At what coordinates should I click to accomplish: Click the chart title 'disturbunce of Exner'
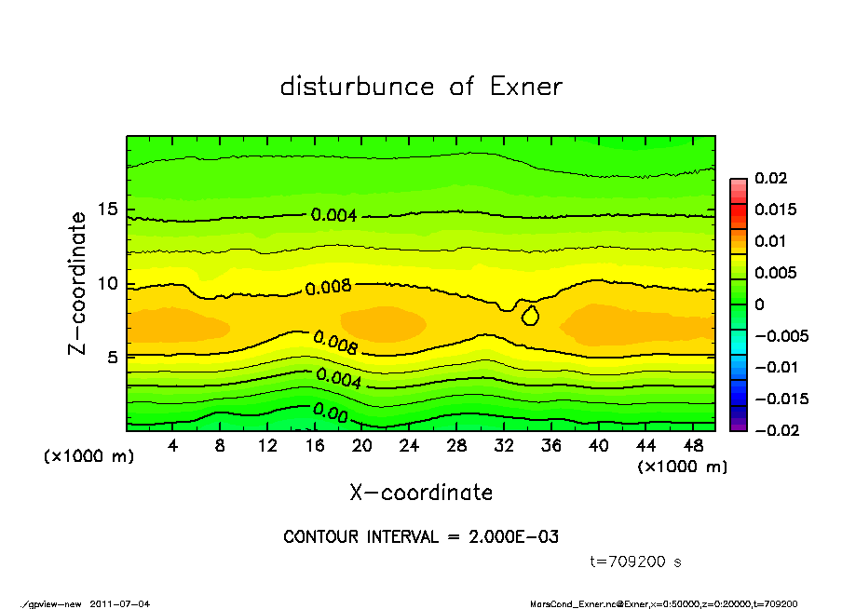point(421,87)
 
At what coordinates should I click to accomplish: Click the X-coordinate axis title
point(421,493)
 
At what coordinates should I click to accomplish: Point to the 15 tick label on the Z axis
point(108,210)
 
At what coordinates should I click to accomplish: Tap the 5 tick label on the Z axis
point(113,358)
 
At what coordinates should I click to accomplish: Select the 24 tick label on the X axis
point(409,445)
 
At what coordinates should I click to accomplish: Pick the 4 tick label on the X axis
point(173,445)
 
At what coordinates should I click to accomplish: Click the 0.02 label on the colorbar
point(771,178)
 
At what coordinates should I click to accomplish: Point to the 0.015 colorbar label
point(775,210)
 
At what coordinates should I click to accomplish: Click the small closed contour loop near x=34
point(530,316)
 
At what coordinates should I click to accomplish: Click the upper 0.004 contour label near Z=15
point(333,215)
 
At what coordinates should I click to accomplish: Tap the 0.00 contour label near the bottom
point(331,411)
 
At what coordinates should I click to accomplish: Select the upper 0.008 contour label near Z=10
point(329,287)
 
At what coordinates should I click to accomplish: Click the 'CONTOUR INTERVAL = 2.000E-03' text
point(421,537)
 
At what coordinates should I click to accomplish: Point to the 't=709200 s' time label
point(636,562)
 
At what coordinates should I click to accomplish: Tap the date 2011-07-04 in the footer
point(119,603)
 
